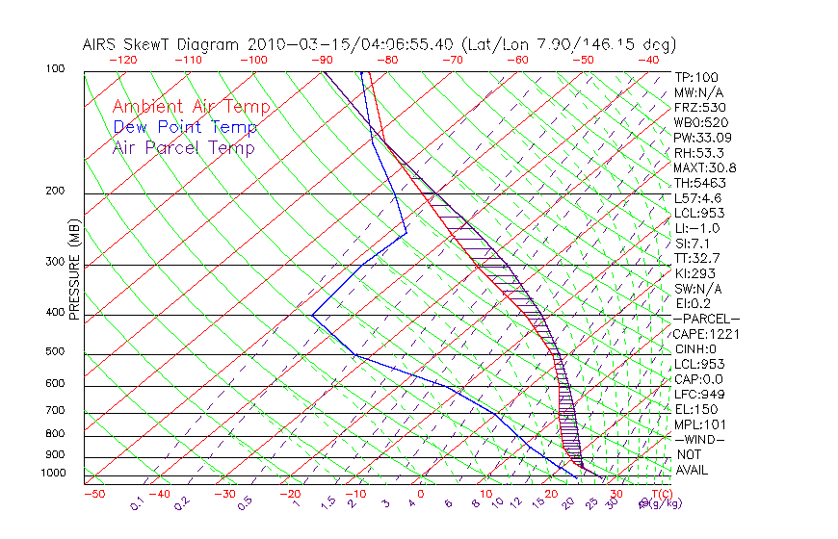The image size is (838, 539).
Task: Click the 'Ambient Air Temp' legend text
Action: (x=191, y=107)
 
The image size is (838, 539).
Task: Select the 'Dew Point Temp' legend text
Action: (x=185, y=127)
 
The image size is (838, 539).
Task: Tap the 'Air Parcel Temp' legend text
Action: (x=183, y=147)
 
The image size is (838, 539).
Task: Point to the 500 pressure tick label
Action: (x=55, y=352)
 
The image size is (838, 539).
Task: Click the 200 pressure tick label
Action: (x=55, y=191)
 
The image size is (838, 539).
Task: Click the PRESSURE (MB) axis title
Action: (x=75, y=270)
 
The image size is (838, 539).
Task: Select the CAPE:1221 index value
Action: (x=702, y=334)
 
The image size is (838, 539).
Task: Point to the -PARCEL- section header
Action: (x=707, y=319)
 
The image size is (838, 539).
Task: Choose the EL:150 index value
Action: (x=695, y=409)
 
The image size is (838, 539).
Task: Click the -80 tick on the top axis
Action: (x=385, y=60)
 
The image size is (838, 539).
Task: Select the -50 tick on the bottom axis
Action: (x=93, y=494)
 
